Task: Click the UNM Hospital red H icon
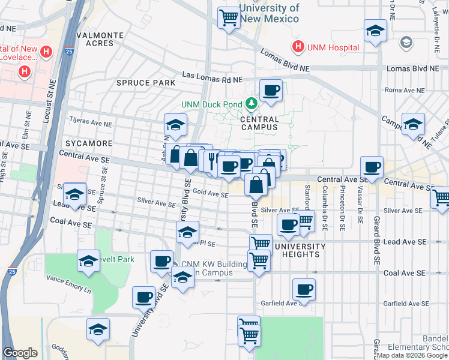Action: coord(297,47)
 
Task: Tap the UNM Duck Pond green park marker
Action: coord(252,104)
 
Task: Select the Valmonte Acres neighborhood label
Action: coord(99,39)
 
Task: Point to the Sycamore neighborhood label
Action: coord(89,143)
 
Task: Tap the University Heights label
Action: coord(300,250)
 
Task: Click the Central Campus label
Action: coord(259,122)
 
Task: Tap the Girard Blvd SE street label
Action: coord(377,240)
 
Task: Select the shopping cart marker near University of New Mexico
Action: coord(229,19)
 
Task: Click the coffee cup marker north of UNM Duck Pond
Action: coord(271,90)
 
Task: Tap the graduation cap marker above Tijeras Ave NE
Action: coord(175,125)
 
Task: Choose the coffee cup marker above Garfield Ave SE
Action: coord(304,290)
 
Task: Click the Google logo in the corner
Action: coord(20,353)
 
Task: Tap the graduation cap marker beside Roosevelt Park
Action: coord(88,261)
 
